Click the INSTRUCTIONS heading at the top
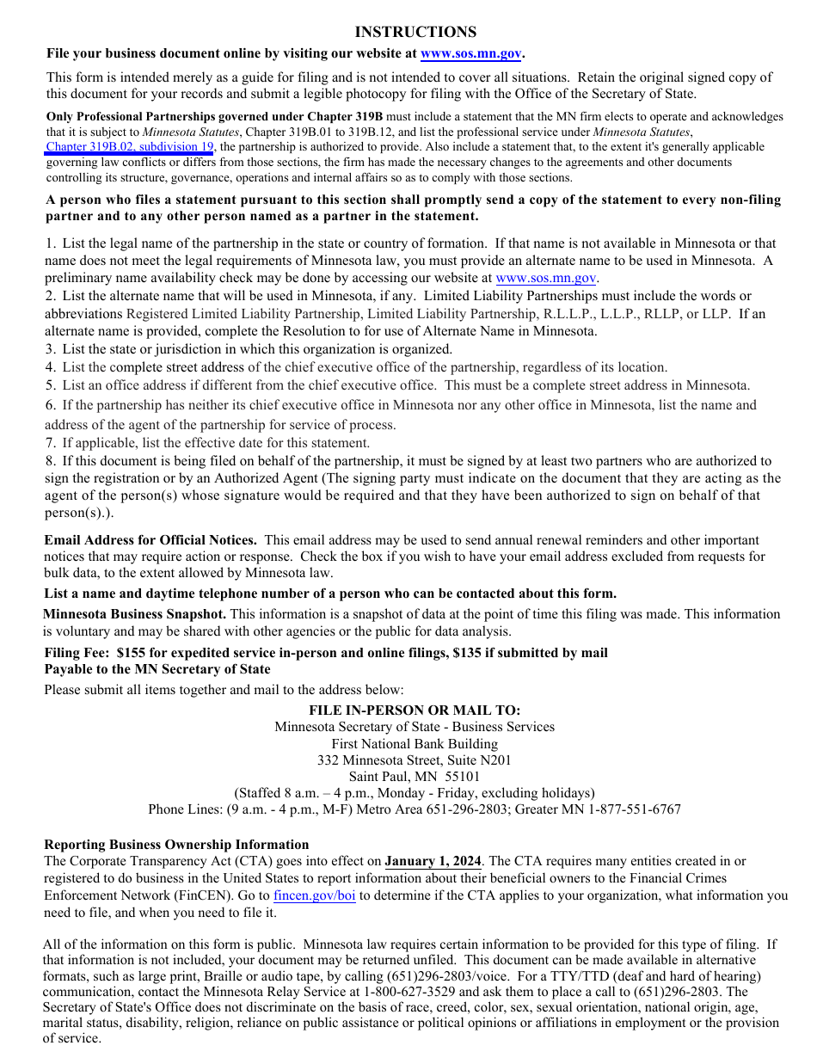pyautogui.click(x=415, y=32)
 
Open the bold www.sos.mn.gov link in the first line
pyautogui.click(x=470, y=54)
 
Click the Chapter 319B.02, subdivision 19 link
pyautogui.click(x=130, y=147)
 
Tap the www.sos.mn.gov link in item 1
pyautogui.click(x=546, y=278)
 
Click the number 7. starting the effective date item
pyautogui.click(x=51, y=443)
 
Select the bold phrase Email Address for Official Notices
pyautogui.click(x=150, y=540)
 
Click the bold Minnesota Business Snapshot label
pyautogui.click(x=135, y=614)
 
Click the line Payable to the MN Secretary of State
pyautogui.click(x=157, y=669)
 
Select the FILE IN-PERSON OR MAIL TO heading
pyautogui.click(x=415, y=710)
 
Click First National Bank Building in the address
pyautogui.click(x=415, y=744)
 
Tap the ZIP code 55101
pyautogui.click(x=463, y=777)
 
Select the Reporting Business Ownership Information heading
pyautogui.click(x=176, y=845)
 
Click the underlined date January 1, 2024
pyautogui.click(x=433, y=861)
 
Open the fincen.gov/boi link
pyautogui.click(x=314, y=895)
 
